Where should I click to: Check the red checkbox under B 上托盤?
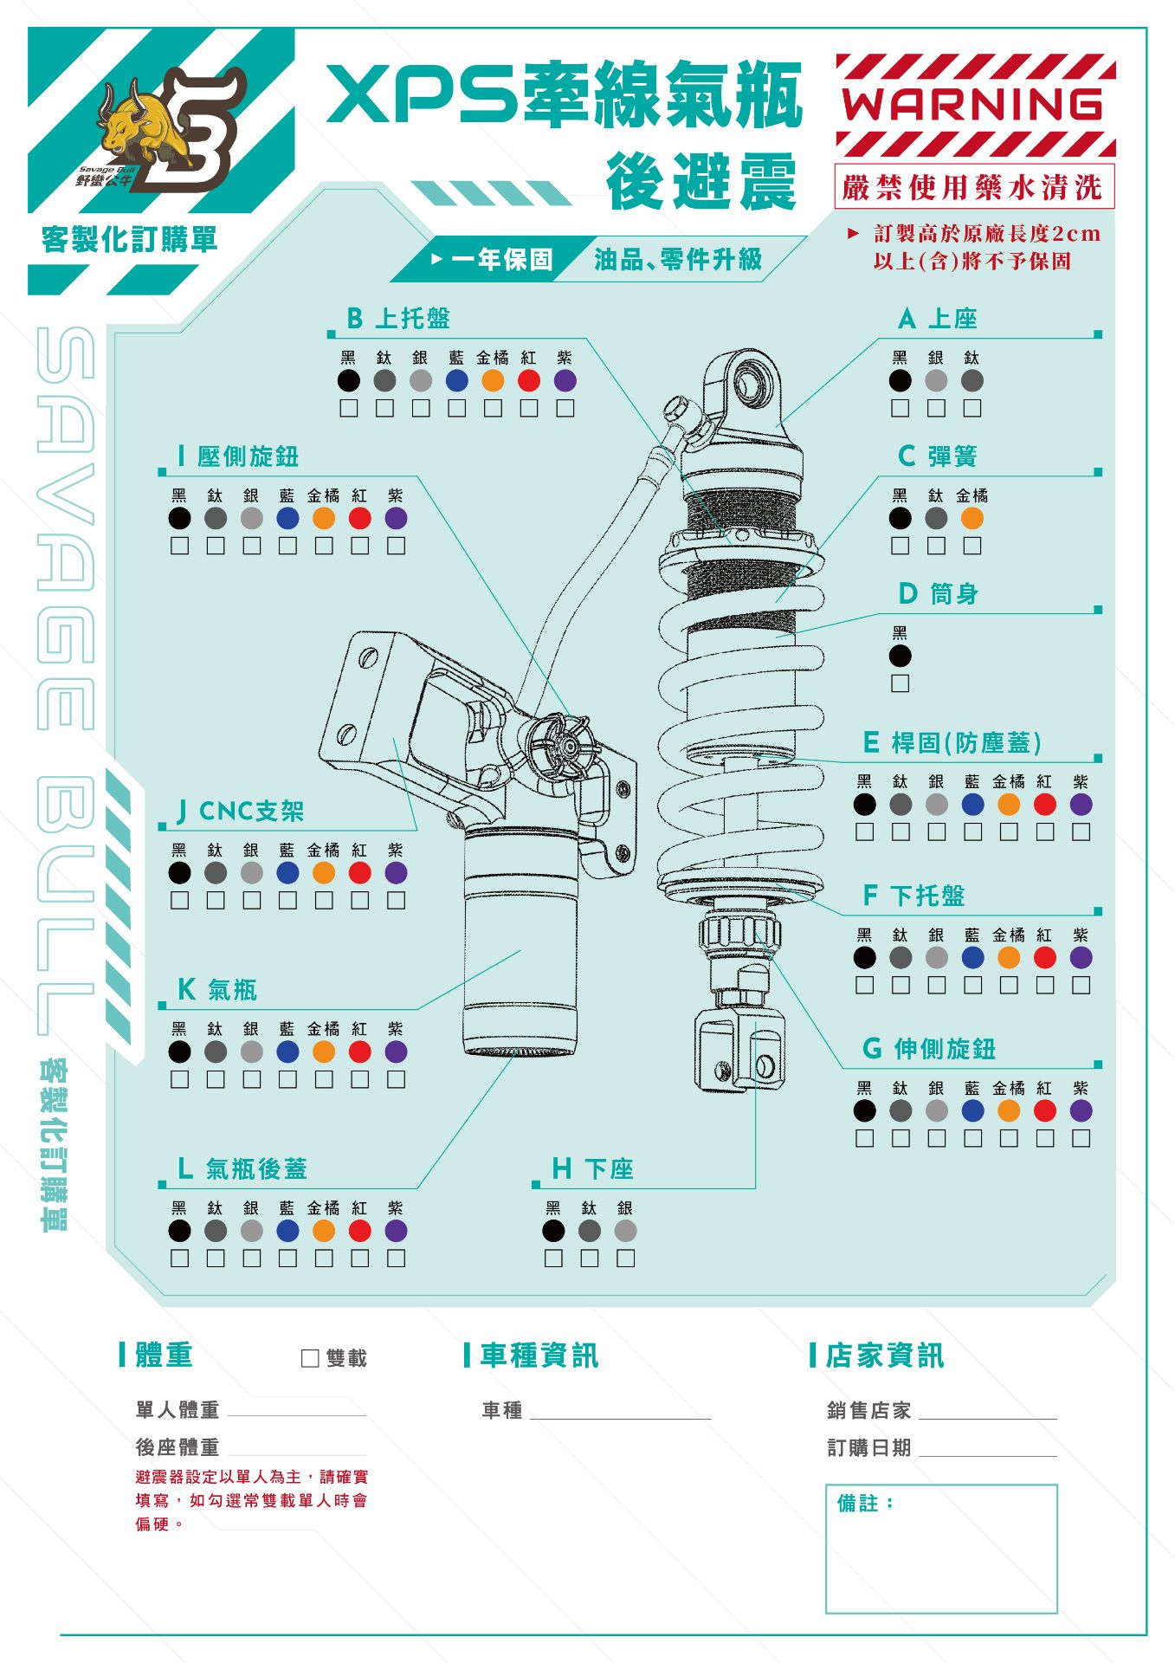pyautogui.click(x=529, y=408)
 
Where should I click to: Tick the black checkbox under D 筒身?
pyautogui.click(x=901, y=683)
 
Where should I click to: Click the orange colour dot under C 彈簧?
pyautogui.click(x=972, y=518)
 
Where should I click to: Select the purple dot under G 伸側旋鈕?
pyautogui.click(x=1081, y=1110)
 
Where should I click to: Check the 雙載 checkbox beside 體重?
pyautogui.click(x=310, y=1358)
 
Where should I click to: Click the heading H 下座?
pyautogui.click(x=593, y=1168)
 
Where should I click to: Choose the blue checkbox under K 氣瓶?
pyautogui.click(x=287, y=1079)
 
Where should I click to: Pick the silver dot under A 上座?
pyautogui.click(x=936, y=380)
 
